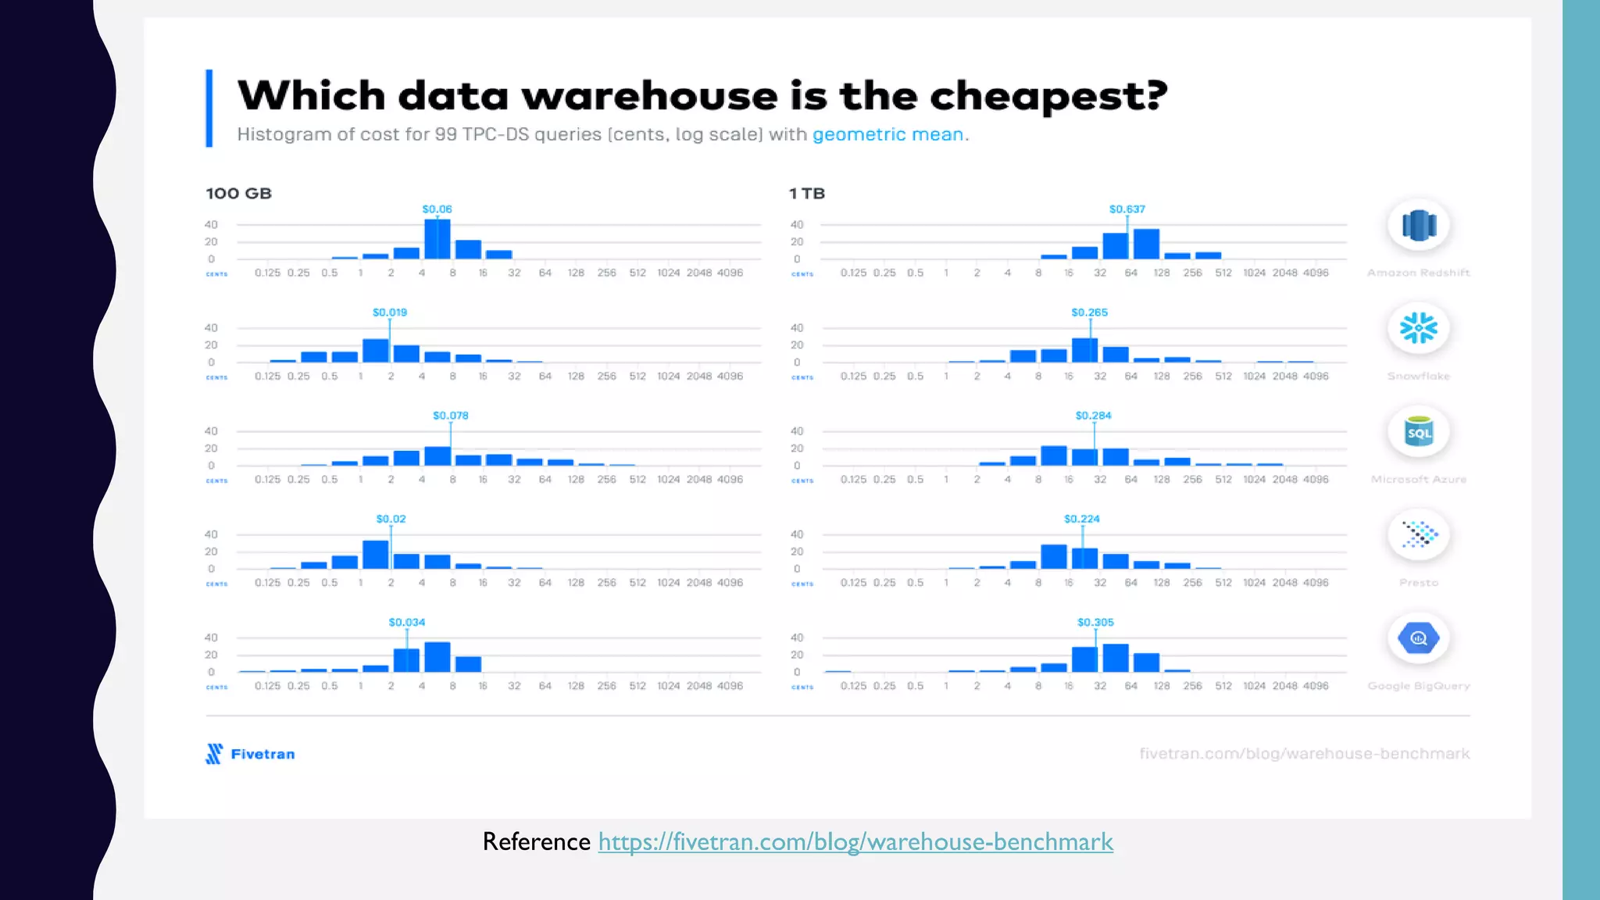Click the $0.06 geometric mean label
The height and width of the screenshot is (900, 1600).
coord(437,209)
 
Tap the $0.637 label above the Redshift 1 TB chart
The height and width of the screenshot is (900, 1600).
coord(1127,209)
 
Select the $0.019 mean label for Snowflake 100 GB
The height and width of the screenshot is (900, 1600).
coord(389,312)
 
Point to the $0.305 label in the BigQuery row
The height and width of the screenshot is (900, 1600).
coord(1095,622)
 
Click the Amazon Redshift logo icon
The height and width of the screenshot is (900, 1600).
coord(1418,225)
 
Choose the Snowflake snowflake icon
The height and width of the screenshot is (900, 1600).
coord(1418,328)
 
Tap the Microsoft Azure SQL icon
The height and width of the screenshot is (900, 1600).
coord(1418,432)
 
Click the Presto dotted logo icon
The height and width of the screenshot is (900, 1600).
coord(1418,535)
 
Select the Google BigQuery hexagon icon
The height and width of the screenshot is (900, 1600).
coord(1418,638)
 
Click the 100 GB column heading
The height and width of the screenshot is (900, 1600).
coord(238,193)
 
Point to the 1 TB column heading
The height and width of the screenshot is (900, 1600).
coord(806,193)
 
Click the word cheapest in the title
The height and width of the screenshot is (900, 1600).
coord(1047,96)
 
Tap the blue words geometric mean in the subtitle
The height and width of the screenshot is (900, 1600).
coord(888,134)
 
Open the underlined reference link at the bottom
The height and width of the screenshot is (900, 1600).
coord(855,841)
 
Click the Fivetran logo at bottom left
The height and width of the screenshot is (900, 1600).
coord(250,754)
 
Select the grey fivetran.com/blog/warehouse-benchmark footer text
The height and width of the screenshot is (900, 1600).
coord(1304,754)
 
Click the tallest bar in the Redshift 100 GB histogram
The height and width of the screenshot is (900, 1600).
coord(437,239)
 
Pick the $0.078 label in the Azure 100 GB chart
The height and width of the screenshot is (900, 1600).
coord(450,415)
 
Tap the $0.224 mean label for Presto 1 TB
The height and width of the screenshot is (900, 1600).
coord(1081,519)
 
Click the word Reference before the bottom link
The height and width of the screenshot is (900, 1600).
coord(536,841)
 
